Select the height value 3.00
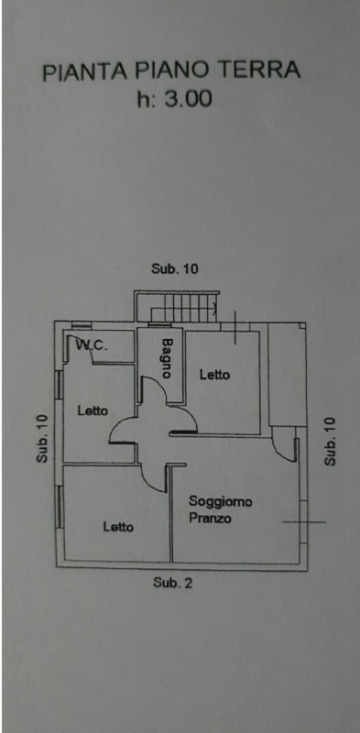(187, 99)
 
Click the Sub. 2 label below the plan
(172, 583)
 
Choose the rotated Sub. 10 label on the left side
(42, 439)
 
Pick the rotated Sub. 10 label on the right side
(330, 442)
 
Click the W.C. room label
(93, 346)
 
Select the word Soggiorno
(220, 502)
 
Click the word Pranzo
(210, 518)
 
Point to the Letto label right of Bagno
(214, 375)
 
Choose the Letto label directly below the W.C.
(93, 410)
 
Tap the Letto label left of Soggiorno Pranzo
(118, 527)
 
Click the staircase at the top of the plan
(177, 307)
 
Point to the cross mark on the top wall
(235, 328)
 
